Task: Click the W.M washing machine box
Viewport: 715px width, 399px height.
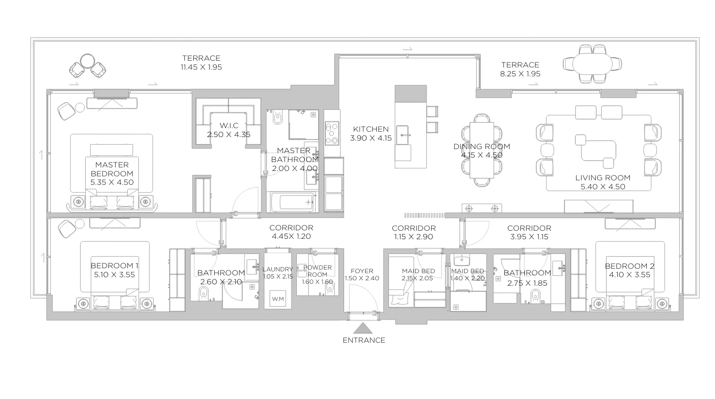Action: coord(277,299)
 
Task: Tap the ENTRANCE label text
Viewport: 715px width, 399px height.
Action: coord(364,340)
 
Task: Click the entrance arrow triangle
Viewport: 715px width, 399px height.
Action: coord(362,328)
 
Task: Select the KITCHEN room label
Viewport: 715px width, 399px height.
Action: coord(371,129)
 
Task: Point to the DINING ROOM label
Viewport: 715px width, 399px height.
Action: coord(482,146)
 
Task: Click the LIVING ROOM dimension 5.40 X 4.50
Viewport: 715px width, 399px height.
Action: coord(603,187)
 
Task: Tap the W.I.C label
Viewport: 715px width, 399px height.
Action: coord(229,125)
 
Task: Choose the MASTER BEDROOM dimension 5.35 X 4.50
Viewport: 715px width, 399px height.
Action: coord(112,182)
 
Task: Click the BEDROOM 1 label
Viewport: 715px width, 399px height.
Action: coord(115,266)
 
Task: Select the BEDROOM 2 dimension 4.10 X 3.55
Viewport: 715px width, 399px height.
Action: coord(629,275)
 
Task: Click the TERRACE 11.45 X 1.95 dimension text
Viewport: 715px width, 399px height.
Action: coord(201,67)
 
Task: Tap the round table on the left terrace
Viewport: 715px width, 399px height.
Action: coord(87,61)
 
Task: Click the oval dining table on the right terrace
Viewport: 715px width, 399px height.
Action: coord(592,64)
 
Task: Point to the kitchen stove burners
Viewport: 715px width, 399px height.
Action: coord(332,133)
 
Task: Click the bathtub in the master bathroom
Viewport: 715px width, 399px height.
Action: coord(292,202)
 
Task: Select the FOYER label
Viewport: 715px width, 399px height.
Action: coord(362,271)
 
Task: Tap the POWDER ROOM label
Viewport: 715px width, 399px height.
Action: coord(318,271)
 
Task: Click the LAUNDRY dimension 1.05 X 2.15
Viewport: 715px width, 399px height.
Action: coord(278,276)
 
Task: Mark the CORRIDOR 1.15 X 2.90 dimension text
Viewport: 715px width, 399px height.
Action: coord(414,237)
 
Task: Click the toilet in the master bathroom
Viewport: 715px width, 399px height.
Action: coord(277,117)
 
